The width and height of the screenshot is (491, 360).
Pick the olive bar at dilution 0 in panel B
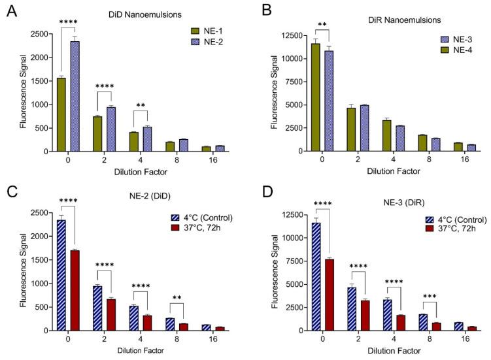tap(315, 97)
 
